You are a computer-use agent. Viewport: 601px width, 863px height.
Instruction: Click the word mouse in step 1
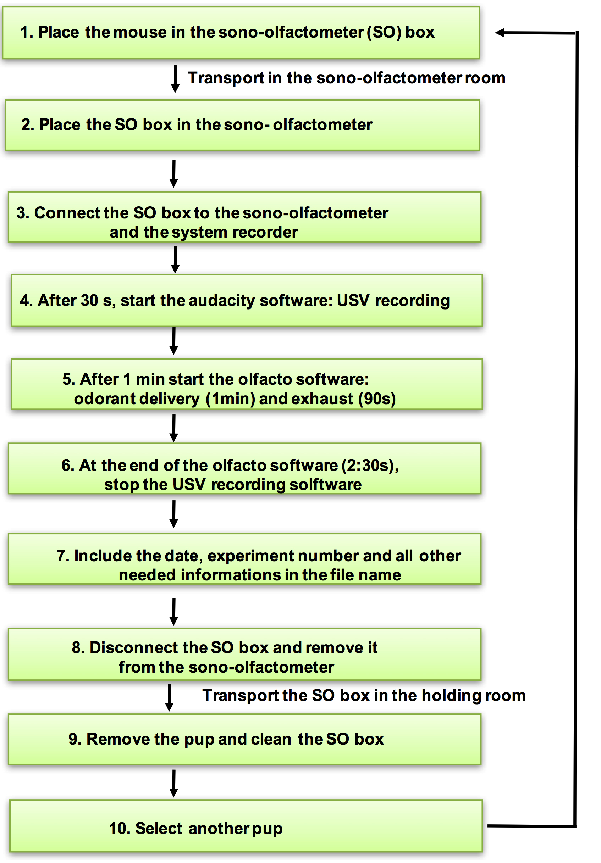coord(140,32)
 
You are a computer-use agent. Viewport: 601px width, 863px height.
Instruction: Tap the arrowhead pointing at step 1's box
coord(500,33)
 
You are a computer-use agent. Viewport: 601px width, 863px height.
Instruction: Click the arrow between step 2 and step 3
coord(174,174)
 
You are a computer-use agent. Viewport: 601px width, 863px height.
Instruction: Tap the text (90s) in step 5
coord(377,399)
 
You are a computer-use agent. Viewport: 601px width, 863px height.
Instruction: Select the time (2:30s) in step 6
coord(370,465)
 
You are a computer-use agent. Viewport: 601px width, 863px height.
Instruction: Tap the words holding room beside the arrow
coord(474,696)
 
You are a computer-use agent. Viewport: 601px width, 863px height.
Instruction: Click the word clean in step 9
coord(271,739)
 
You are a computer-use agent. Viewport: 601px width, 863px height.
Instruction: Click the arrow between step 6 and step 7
coord(174,514)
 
